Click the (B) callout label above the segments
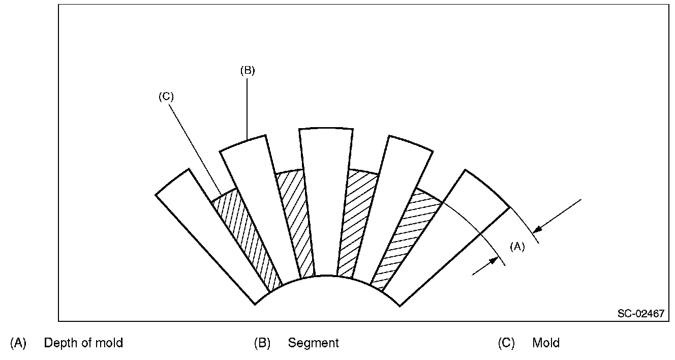pyautogui.click(x=247, y=71)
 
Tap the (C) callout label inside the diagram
pyautogui.click(x=166, y=97)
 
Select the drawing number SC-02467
pyautogui.click(x=641, y=314)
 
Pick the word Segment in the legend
pyautogui.click(x=313, y=343)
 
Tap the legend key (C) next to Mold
pyautogui.click(x=506, y=343)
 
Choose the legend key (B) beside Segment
pyautogui.click(x=262, y=343)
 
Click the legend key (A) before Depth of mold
pyautogui.click(x=18, y=343)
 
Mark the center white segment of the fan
pyautogui.click(x=325, y=203)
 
